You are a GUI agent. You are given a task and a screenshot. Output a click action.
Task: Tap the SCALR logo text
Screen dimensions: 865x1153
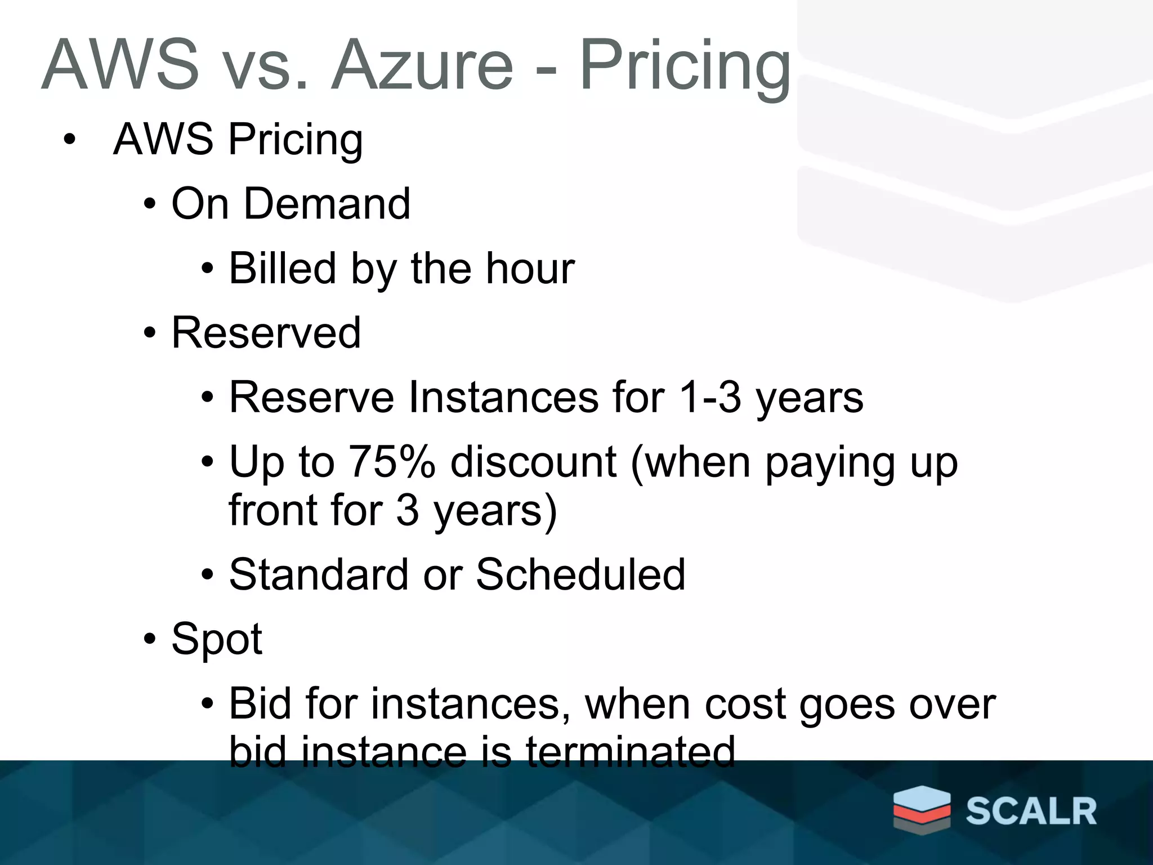point(1031,812)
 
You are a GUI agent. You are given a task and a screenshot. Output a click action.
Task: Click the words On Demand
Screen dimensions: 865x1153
point(291,203)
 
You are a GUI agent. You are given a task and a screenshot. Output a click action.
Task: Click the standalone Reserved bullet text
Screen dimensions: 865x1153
point(266,333)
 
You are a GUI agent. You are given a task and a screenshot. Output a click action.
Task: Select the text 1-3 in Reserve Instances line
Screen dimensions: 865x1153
point(710,398)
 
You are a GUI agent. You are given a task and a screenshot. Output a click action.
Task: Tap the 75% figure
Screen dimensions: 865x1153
point(392,462)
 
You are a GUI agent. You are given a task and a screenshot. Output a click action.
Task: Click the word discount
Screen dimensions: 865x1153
point(534,462)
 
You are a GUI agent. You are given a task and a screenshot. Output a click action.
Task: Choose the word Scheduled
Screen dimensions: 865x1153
point(580,574)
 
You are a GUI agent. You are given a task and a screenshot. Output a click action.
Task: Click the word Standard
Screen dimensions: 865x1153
point(319,574)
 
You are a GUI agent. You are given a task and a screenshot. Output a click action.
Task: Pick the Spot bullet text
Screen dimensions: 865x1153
point(217,639)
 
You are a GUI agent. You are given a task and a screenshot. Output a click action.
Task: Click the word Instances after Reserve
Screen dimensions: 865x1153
point(503,398)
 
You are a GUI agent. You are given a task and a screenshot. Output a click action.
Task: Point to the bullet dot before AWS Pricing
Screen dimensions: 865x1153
point(69,140)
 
